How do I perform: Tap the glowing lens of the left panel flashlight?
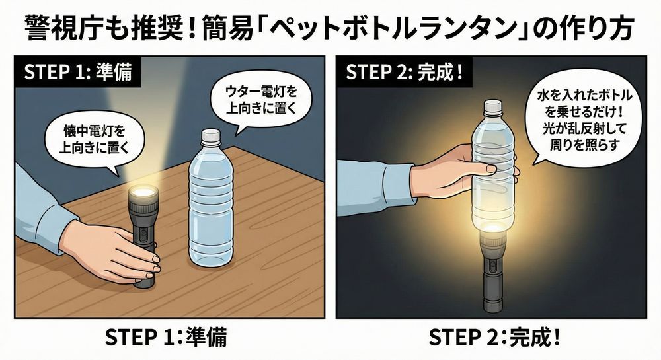click(x=143, y=194)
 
